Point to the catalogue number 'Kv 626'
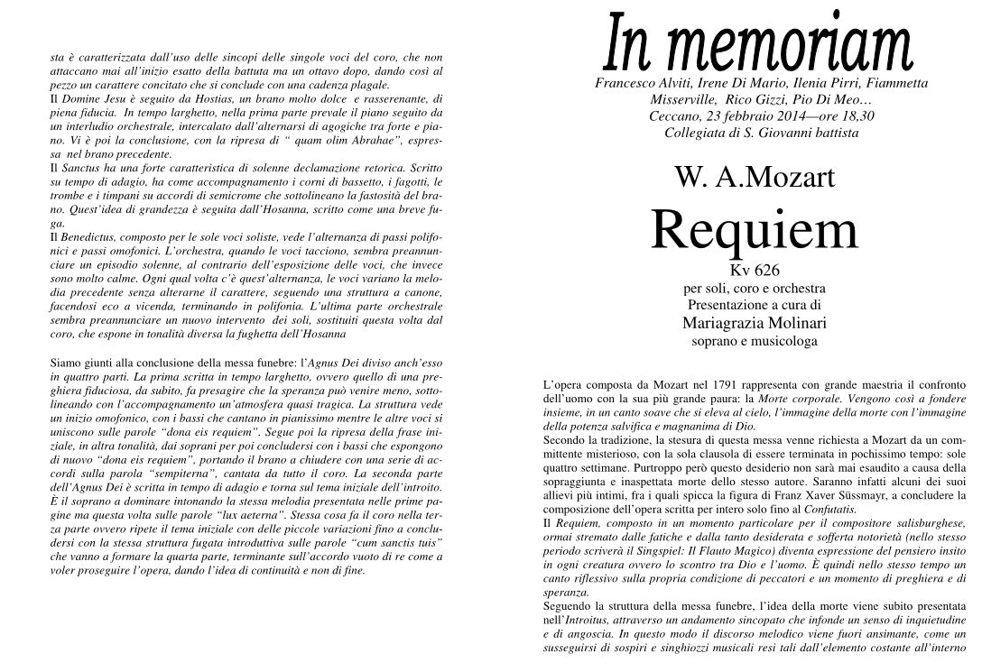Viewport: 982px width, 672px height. tap(754, 269)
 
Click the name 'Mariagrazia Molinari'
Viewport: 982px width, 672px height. tap(754, 322)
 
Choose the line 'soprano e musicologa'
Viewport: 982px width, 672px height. tap(754, 341)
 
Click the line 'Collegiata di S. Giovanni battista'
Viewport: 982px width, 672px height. tap(761, 133)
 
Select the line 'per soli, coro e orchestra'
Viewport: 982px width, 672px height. tap(754, 288)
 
